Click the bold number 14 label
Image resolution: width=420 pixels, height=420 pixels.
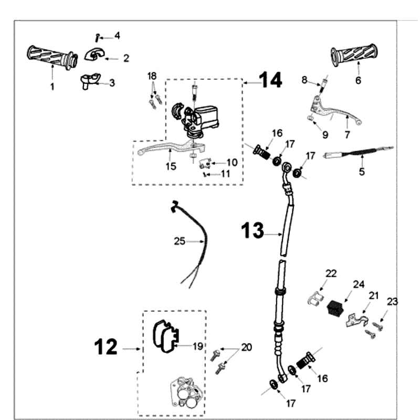pos(270,80)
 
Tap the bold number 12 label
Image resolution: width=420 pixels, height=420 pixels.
pos(106,346)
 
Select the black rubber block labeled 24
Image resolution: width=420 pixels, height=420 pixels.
pos(336,308)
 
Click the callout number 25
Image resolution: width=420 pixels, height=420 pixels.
pos(180,241)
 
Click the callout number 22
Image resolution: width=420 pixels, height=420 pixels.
pos(331,274)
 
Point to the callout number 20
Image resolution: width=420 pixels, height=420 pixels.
pos(246,348)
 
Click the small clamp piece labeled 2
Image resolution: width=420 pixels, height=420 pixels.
pos(94,55)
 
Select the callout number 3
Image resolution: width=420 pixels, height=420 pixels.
pos(112,82)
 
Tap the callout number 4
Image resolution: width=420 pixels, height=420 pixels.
pos(117,36)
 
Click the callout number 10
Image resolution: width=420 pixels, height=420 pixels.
pos(232,162)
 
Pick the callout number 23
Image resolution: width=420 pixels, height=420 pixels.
pos(392,301)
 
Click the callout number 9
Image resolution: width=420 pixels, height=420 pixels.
pos(325,135)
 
